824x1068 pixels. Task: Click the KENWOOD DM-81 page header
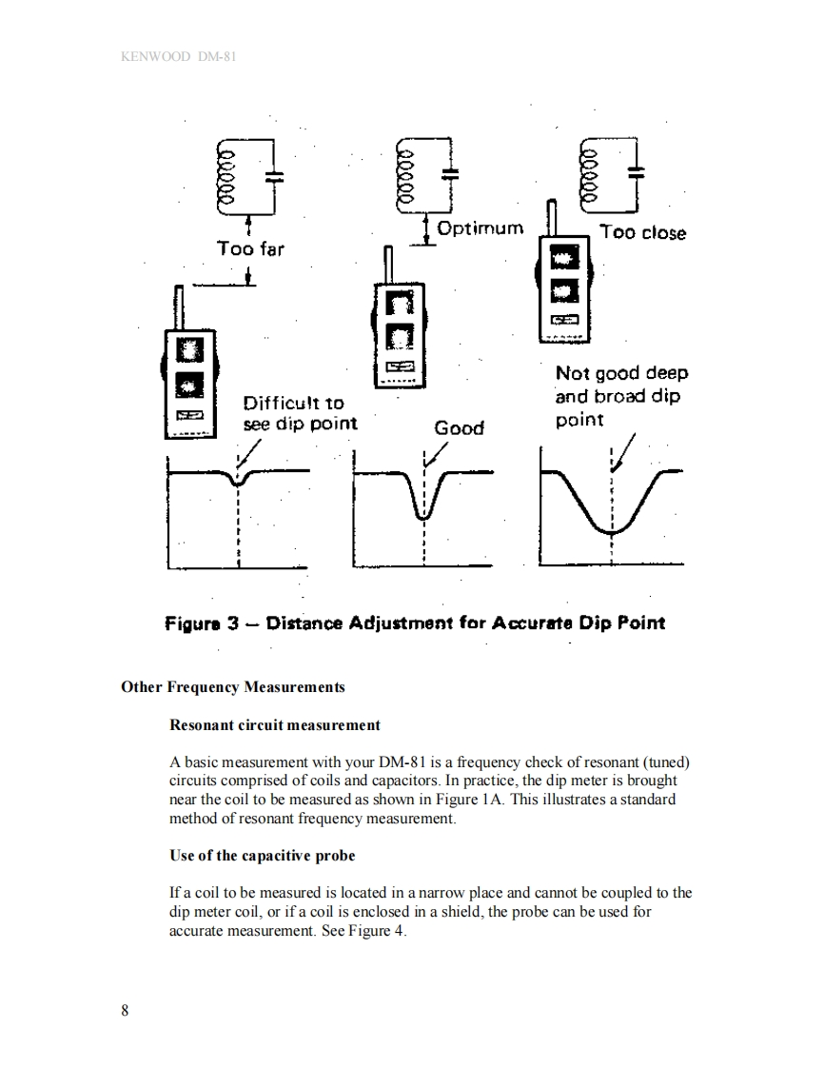(x=179, y=56)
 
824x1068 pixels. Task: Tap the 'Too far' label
(x=249, y=248)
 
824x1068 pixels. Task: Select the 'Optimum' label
(x=481, y=228)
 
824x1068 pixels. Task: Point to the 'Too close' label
(x=642, y=233)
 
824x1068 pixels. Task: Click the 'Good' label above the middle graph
(x=459, y=428)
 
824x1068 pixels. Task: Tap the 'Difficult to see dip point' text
(x=300, y=413)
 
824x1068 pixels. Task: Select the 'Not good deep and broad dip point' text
(x=620, y=396)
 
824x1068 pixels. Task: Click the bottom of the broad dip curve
(x=612, y=530)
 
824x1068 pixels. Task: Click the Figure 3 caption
(x=415, y=623)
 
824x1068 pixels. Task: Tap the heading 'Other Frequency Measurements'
(x=233, y=686)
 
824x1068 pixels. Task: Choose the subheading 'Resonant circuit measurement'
(x=274, y=725)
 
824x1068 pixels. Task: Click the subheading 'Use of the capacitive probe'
(x=262, y=856)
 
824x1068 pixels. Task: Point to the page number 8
(x=125, y=1011)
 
